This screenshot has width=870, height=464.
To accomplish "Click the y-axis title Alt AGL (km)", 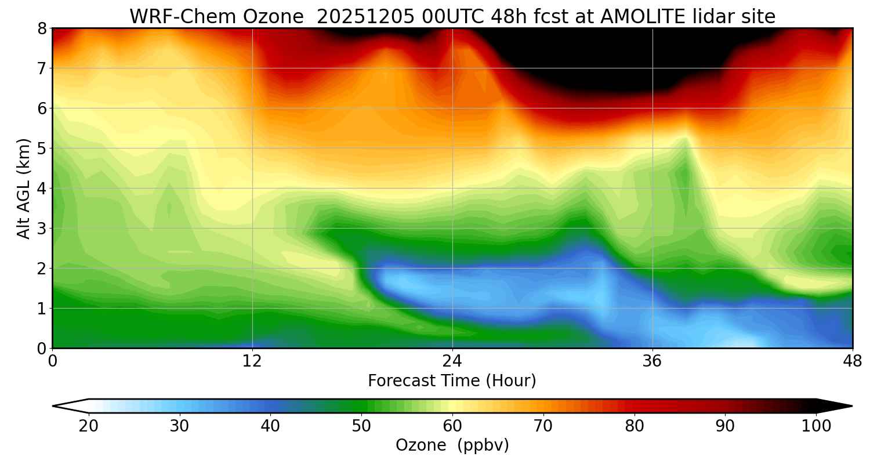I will click(23, 188).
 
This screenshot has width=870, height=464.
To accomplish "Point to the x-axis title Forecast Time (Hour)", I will click(452, 381).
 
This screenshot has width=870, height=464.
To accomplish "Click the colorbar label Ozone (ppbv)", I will click(452, 445).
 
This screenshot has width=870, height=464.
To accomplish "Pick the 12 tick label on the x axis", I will click(252, 361).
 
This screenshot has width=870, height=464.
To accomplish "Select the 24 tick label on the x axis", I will click(452, 361).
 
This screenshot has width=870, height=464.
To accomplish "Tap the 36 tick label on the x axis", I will click(652, 361).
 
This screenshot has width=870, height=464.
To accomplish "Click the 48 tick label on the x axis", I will click(852, 361).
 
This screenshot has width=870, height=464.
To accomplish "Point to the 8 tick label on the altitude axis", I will click(42, 28).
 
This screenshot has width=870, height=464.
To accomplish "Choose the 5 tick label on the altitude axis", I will click(42, 148).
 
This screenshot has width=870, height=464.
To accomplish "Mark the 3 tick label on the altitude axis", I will click(42, 228).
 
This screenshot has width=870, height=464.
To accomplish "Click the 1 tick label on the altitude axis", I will click(42, 308).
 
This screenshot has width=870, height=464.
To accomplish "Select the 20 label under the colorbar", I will click(88, 426).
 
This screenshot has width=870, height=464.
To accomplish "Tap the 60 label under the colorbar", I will click(452, 426).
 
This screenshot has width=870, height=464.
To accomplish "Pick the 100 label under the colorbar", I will click(815, 426).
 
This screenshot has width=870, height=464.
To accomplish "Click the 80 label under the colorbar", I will click(634, 426).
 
